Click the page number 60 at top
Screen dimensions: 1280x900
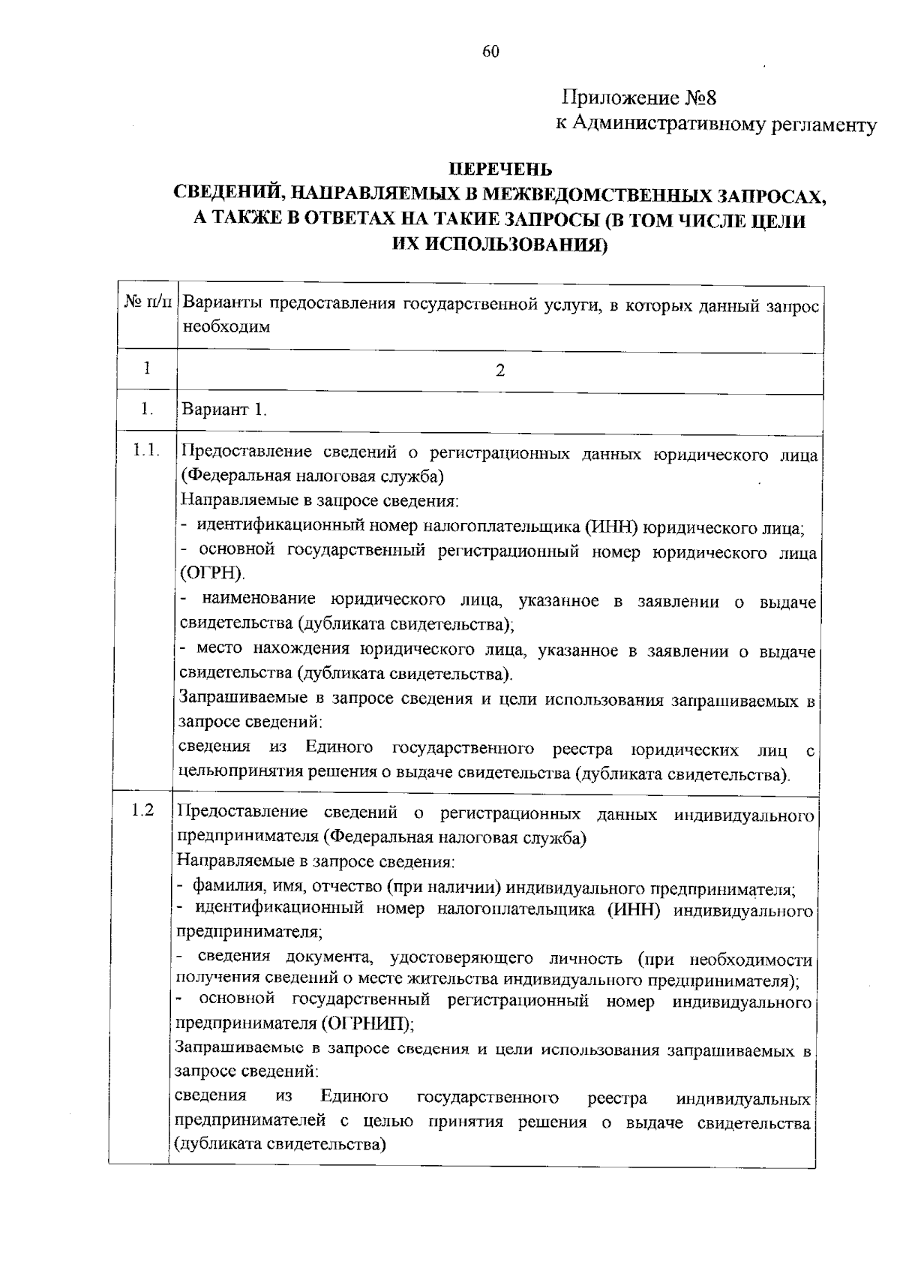tap(490, 51)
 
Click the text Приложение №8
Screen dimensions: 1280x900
tap(640, 98)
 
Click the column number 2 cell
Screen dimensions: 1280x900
tap(500, 370)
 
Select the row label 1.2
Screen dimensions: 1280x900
tap(142, 810)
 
